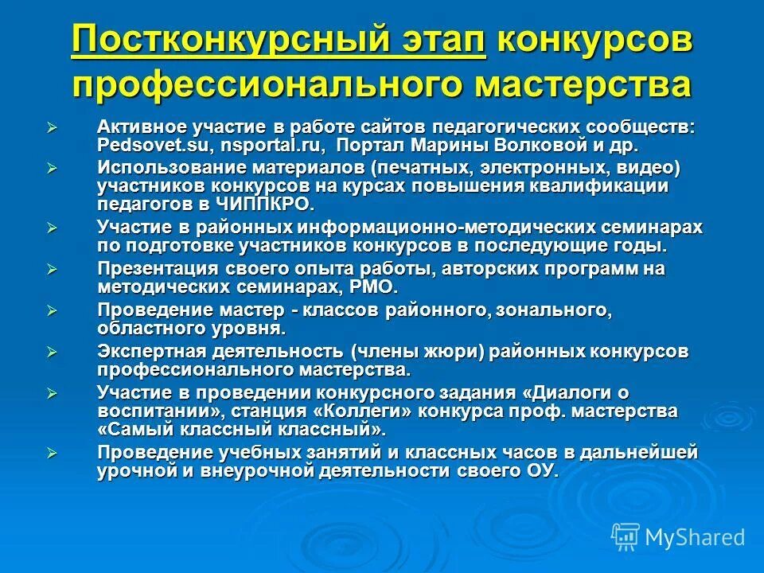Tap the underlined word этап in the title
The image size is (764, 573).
coord(437,40)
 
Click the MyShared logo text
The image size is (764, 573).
coord(695,537)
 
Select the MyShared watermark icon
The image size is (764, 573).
coord(626,537)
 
